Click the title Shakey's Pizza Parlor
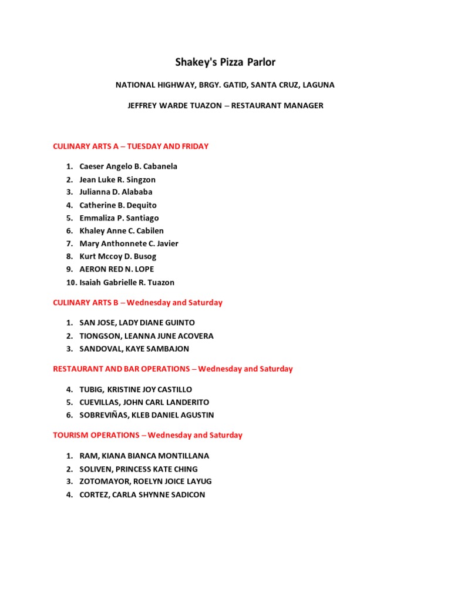point(225,62)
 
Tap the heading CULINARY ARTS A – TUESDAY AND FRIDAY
point(130,146)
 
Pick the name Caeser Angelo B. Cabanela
point(128,166)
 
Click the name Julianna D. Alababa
point(116,192)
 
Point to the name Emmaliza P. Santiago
point(119,218)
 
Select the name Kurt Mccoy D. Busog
point(118,256)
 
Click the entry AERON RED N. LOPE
point(117,269)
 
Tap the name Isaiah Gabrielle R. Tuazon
point(127,282)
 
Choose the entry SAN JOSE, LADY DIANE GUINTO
point(137,323)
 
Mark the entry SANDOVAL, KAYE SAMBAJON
point(134,349)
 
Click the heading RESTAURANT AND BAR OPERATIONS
point(122,369)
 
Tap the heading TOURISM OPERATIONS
point(96,436)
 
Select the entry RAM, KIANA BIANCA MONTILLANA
point(144,456)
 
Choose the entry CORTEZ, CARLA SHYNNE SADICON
point(142,495)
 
